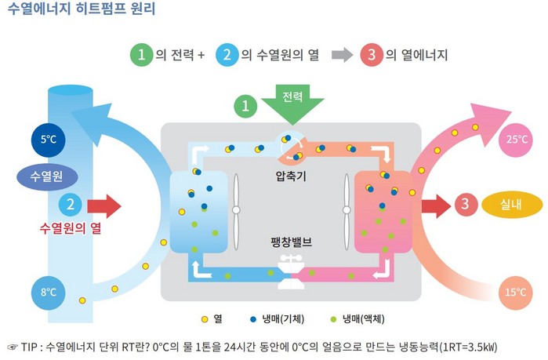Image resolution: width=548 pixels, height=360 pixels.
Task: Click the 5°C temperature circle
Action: pos(49,140)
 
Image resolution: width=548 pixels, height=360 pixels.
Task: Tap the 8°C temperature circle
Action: pos(49,293)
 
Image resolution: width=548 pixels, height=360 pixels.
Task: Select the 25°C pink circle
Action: pos(516,140)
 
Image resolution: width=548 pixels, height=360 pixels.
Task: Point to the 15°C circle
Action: pos(516,293)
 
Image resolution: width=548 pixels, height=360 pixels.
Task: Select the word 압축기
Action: pos(291,176)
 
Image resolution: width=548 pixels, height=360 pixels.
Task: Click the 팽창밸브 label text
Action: pos(291,242)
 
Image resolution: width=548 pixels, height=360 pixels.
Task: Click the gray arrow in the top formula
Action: pos(342,55)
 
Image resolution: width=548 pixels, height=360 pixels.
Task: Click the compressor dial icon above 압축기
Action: pos(290,146)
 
